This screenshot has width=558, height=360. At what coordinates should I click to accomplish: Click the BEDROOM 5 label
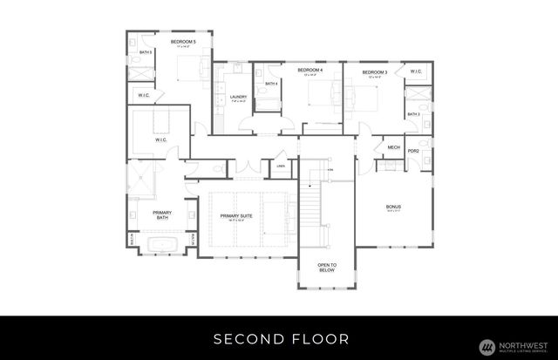183,41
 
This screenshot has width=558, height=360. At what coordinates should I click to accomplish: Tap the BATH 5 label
146,52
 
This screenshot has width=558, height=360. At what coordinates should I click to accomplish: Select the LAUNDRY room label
238,97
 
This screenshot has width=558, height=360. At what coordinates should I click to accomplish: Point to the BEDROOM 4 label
310,70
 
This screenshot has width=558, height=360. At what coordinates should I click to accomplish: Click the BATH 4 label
271,84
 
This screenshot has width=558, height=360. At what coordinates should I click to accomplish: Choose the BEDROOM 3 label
374,71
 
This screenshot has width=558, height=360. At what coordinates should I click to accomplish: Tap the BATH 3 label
413,114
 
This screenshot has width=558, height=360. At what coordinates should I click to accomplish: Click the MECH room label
393,147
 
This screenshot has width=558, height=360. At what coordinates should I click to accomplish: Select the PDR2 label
414,151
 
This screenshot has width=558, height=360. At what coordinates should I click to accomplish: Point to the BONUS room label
393,207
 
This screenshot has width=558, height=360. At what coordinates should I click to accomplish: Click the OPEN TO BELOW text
327,267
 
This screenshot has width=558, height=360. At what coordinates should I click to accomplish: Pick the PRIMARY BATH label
161,215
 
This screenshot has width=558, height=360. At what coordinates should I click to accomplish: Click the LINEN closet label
281,165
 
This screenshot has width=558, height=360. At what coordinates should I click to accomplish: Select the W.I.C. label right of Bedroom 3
416,71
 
